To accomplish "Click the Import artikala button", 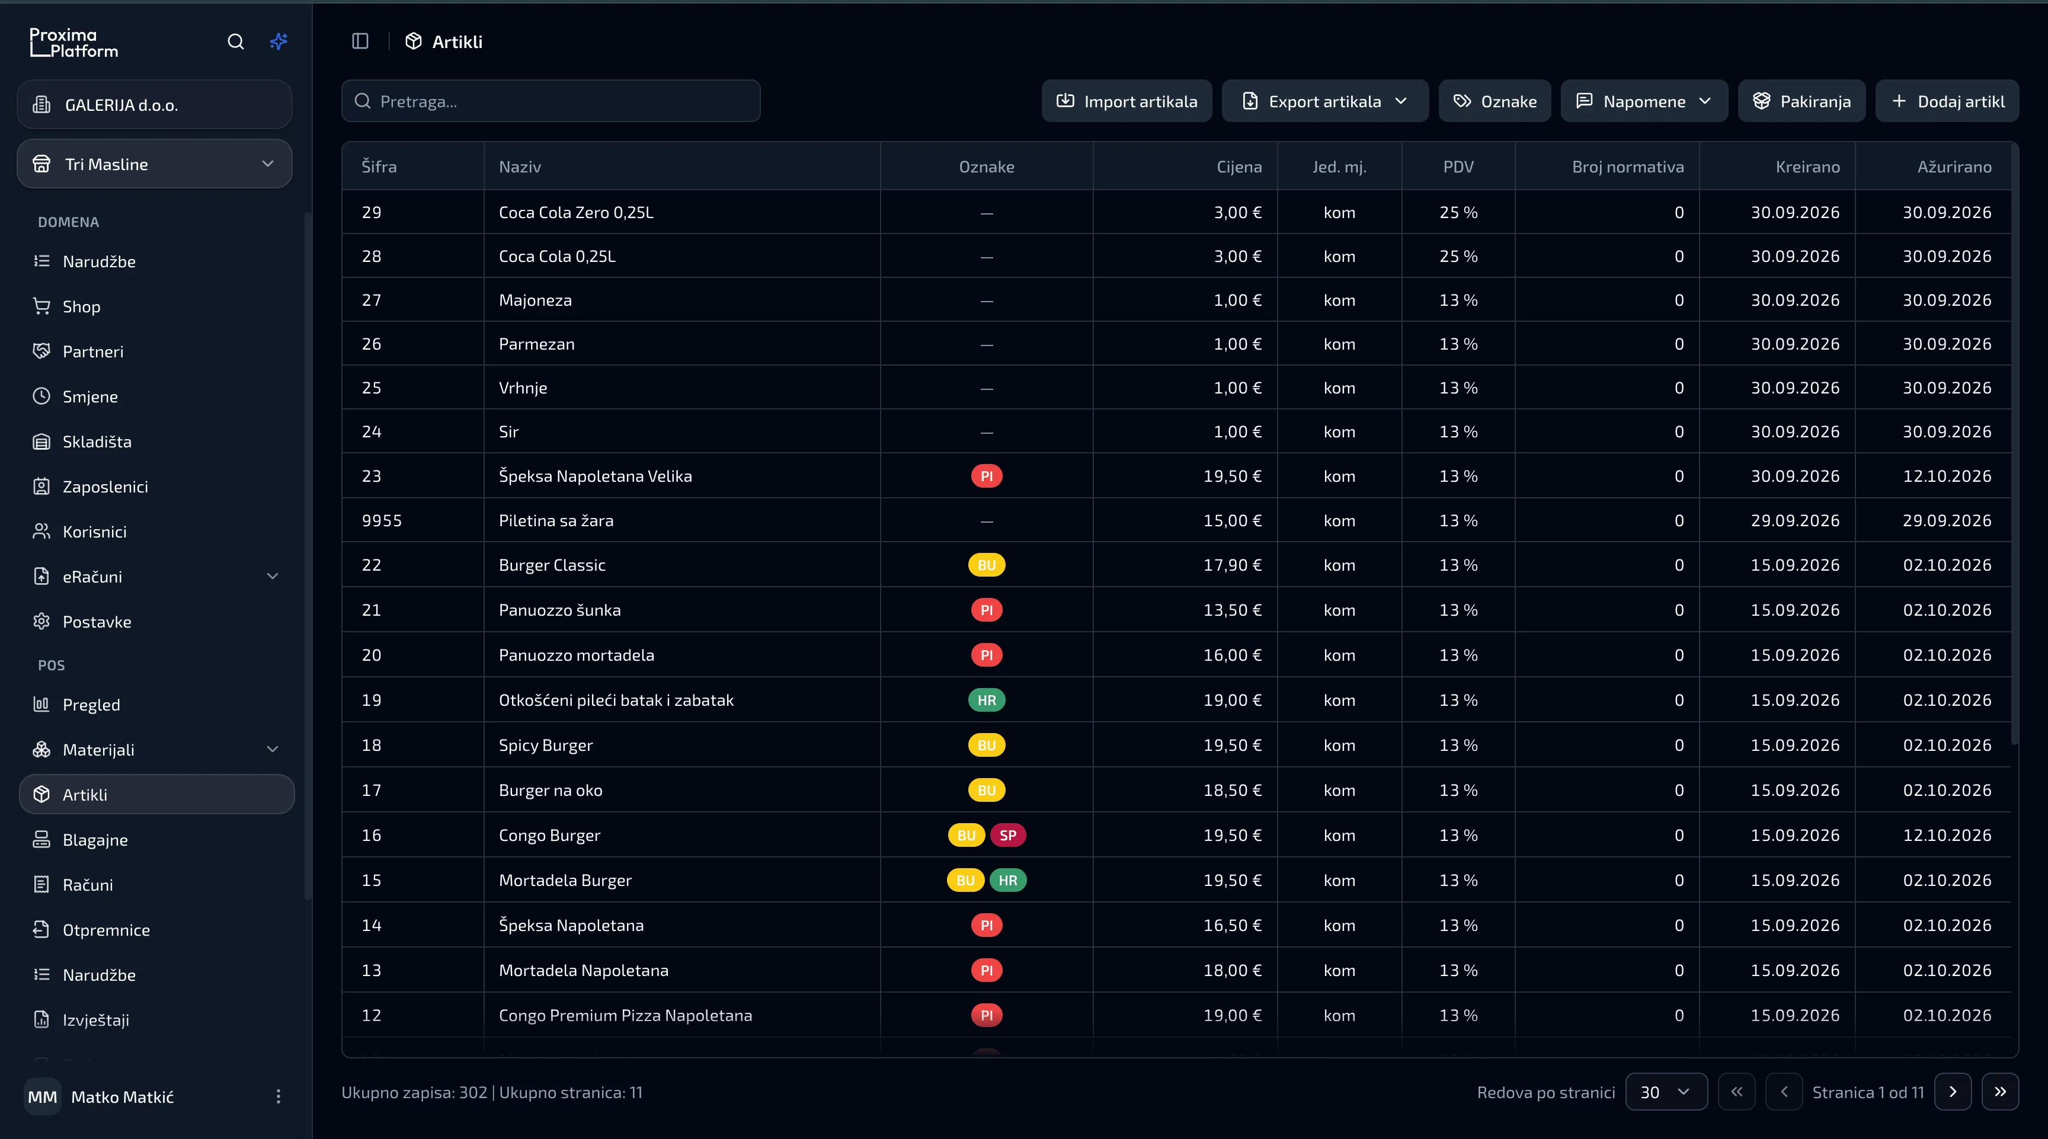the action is click(x=1126, y=101).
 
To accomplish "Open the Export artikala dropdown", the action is click(x=1324, y=101).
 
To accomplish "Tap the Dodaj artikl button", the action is click(x=1947, y=101).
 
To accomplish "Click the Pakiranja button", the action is click(x=1801, y=101).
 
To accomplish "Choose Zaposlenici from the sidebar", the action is click(x=105, y=487).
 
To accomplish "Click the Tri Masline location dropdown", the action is click(x=154, y=164).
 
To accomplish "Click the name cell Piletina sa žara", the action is click(x=556, y=521).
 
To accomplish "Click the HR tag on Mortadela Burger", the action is click(x=1007, y=881).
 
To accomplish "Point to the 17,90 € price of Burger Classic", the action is click(x=1233, y=565).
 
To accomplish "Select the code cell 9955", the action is click(x=382, y=521).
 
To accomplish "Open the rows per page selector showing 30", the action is click(x=1666, y=1092).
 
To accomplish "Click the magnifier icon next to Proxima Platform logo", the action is click(x=235, y=41).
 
